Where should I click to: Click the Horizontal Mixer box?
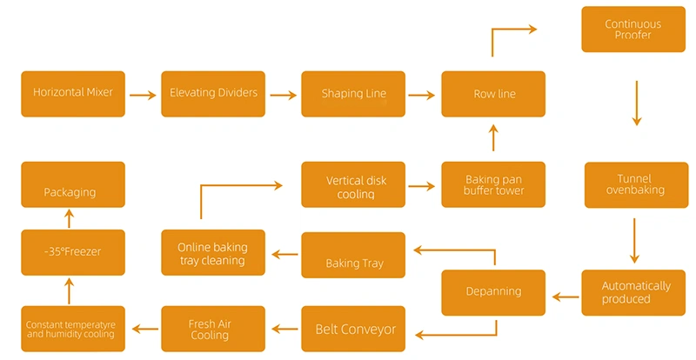(x=73, y=93)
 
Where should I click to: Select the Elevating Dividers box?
(x=213, y=93)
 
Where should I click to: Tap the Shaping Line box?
(x=353, y=94)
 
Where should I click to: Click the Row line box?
(x=493, y=94)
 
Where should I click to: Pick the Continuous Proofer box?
(x=632, y=30)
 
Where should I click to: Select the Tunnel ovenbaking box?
(x=636, y=184)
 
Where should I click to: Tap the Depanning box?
(x=493, y=293)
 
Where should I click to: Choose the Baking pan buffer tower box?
(x=493, y=184)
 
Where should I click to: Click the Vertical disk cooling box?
(x=353, y=184)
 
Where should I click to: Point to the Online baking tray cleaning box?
(x=213, y=253)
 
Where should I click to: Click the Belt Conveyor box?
(x=353, y=329)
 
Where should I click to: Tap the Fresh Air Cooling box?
(x=213, y=329)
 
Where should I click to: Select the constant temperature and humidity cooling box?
(x=73, y=329)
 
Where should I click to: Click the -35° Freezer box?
(x=73, y=252)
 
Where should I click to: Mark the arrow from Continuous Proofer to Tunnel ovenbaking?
(x=636, y=103)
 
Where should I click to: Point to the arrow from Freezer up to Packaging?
(x=70, y=218)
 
